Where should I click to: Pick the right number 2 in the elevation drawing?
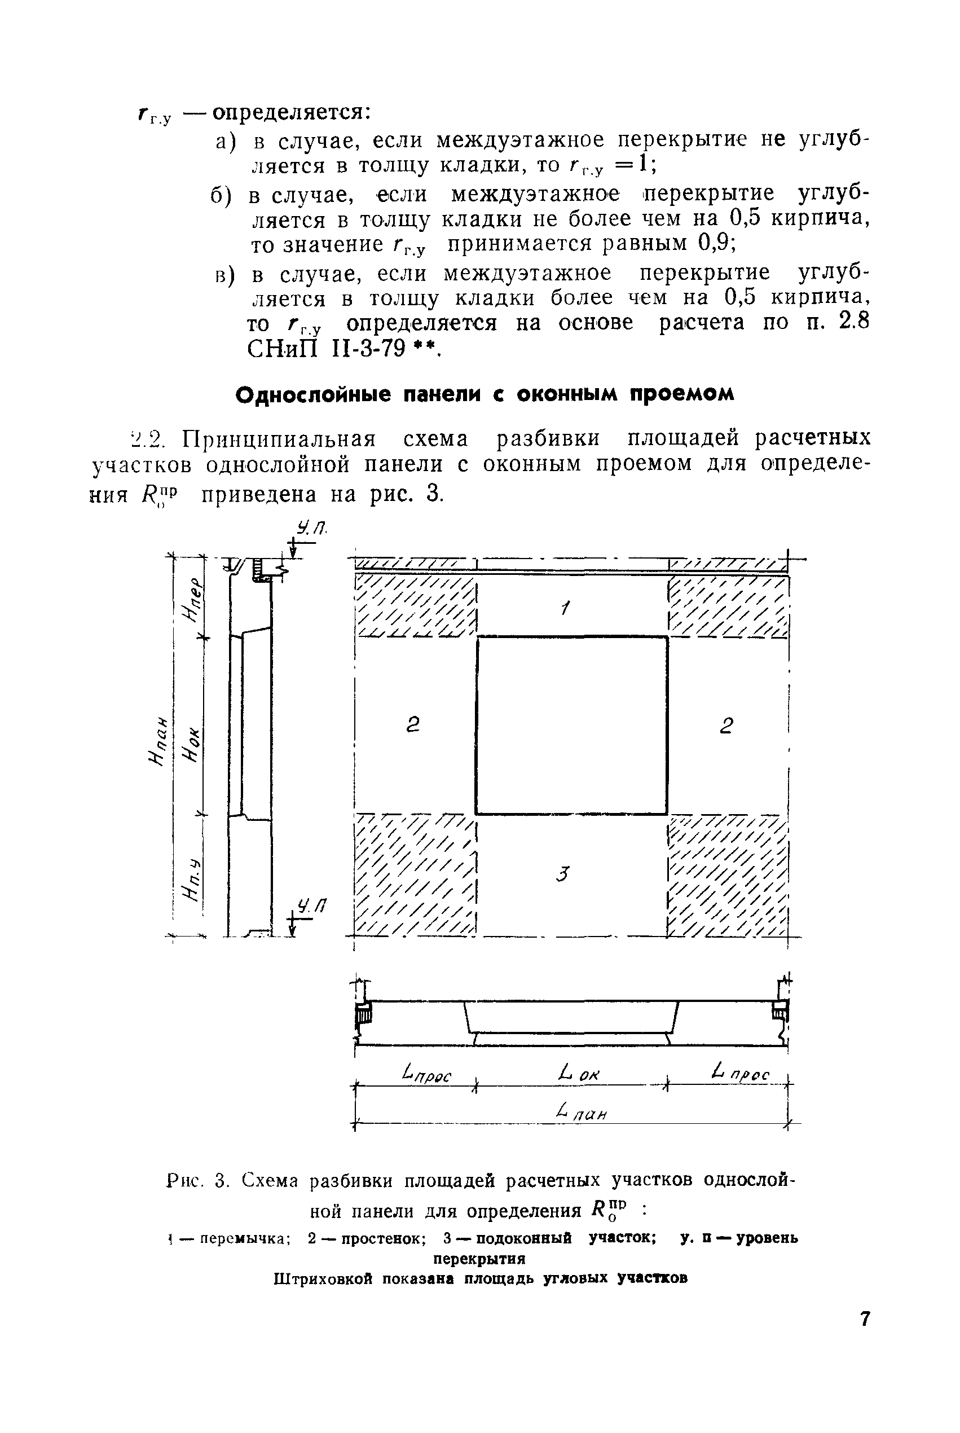726,726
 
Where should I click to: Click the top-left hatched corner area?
416,606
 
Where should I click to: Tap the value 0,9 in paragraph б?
716,243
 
